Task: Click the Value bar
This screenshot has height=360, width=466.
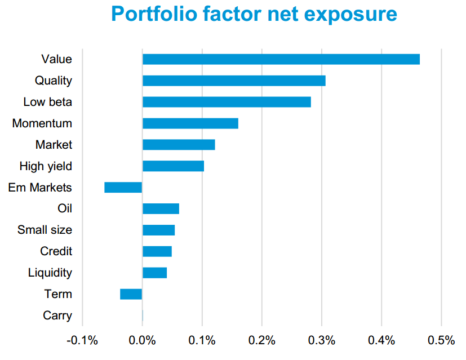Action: point(281,59)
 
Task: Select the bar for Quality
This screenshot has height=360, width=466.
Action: point(234,81)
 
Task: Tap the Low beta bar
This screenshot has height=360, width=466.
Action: point(227,102)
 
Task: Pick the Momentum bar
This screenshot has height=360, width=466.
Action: point(190,123)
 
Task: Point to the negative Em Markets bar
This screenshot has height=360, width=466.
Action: point(123,188)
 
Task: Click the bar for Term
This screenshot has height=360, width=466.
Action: point(131,294)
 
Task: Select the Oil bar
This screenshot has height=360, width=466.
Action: point(161,208)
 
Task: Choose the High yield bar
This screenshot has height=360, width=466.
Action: point(173,166)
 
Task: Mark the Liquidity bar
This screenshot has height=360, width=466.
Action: point(154,273)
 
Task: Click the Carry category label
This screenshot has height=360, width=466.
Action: point(57,315)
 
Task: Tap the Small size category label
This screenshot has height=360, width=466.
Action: point(45,230)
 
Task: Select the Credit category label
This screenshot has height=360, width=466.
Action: point(56,251)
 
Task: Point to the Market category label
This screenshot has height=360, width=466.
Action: point(54,145)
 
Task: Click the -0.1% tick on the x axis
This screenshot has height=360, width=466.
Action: point(82,340)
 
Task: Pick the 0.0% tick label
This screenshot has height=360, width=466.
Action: point(142,340)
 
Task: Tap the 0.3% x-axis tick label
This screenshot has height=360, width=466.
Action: point(322,340)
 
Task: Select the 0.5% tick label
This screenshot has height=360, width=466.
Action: point(441,340)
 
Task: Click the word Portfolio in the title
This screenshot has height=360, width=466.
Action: point(154,14)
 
